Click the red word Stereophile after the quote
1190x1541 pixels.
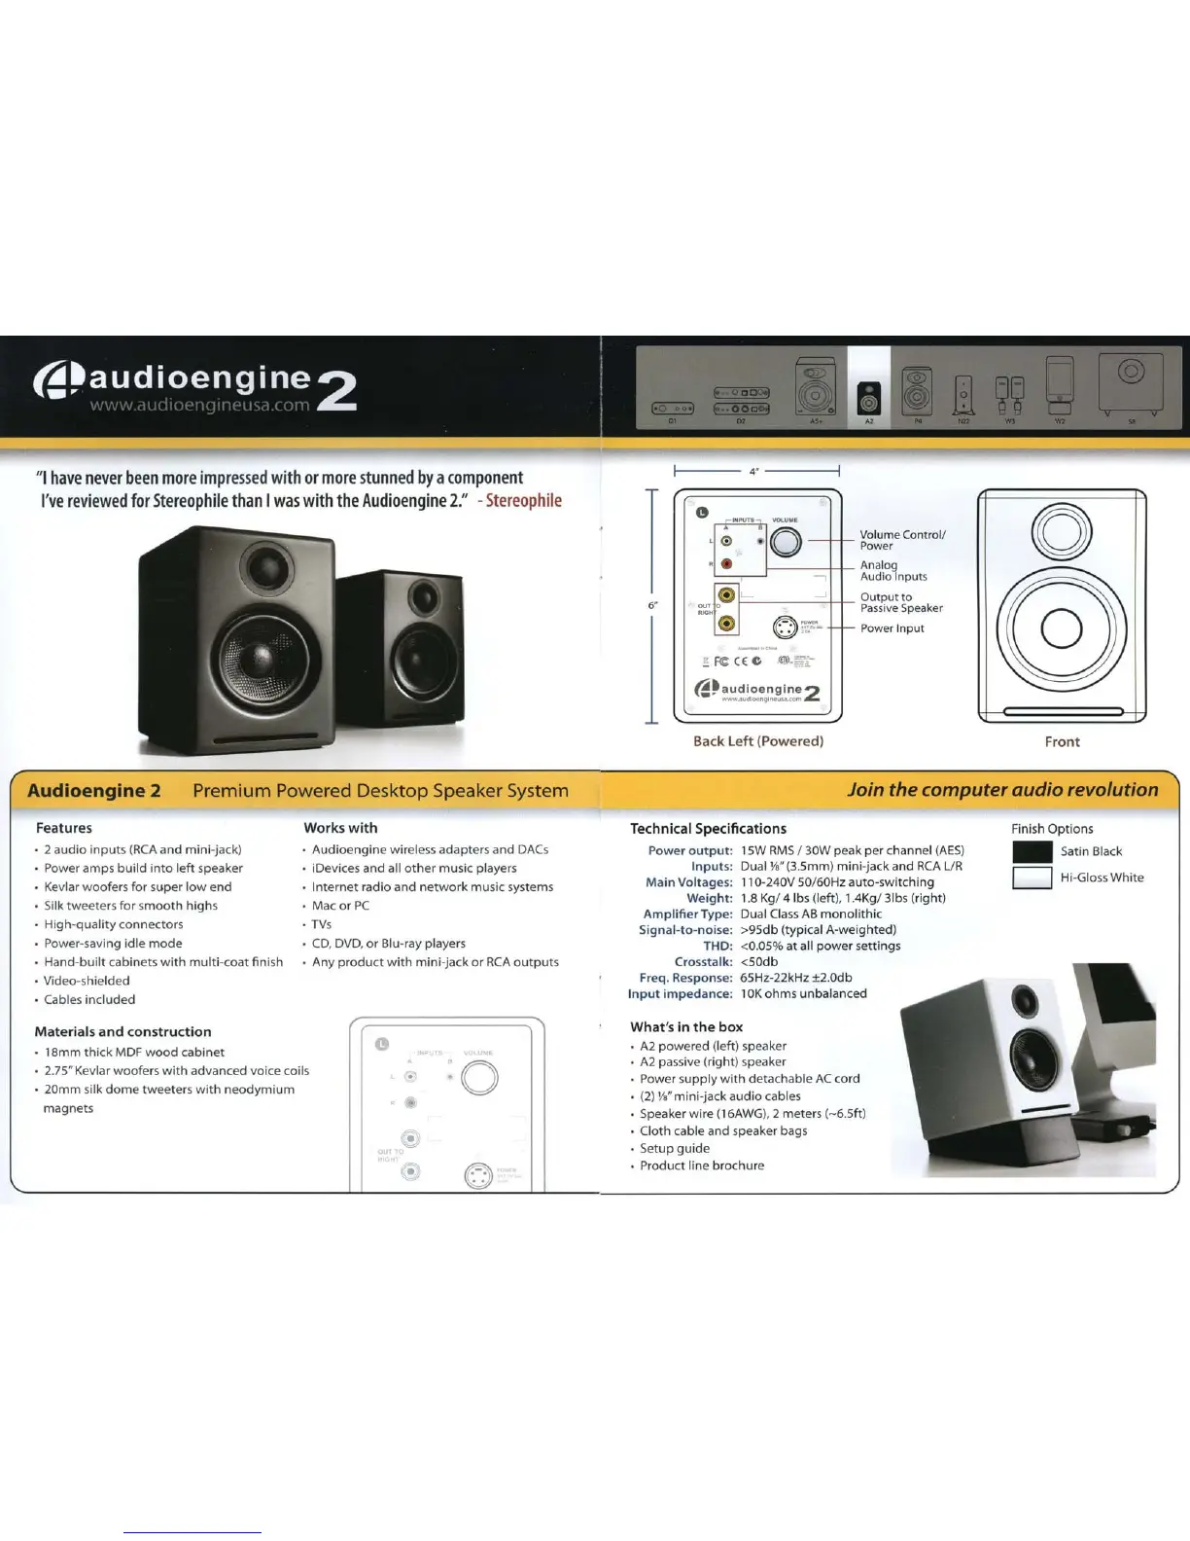[x=523, y=500]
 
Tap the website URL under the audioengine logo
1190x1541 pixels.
[x=199, y=405]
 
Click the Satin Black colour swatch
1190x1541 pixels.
[x=1032, y=851]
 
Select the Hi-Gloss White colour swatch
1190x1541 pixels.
[x=1032, y=878]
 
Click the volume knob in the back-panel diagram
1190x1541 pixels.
[x=786, y=541]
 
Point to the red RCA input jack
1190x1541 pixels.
[x=726, y=564]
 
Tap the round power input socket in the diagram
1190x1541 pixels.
[x=786, y=627]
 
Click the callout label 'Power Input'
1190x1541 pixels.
[x=892, y=628]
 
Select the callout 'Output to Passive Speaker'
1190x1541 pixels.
[x=900, y=602]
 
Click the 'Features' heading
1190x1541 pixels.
[x=64, y=828]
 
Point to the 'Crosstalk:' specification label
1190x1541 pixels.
[x=703, y=961]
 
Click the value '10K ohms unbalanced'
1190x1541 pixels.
[x=803, y=993]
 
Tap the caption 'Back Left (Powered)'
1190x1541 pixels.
[x=758, y=741]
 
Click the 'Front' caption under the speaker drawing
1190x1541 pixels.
[x=1062, y=741]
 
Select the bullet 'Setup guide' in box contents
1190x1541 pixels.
[x=675, y=1148]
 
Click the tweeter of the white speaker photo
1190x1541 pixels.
[x=1025, y=1000]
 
